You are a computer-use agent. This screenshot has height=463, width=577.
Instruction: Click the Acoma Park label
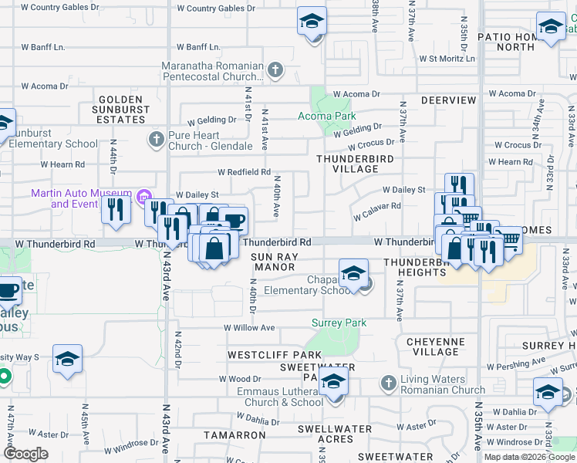[327, 117]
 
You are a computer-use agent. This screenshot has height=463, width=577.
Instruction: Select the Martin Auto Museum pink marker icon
[142, 197]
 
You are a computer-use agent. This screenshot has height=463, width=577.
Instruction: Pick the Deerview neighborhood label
[449, 101]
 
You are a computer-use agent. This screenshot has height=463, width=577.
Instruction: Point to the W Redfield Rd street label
[244, 172]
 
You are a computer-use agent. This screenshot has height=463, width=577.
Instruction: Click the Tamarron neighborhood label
[235, 435]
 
